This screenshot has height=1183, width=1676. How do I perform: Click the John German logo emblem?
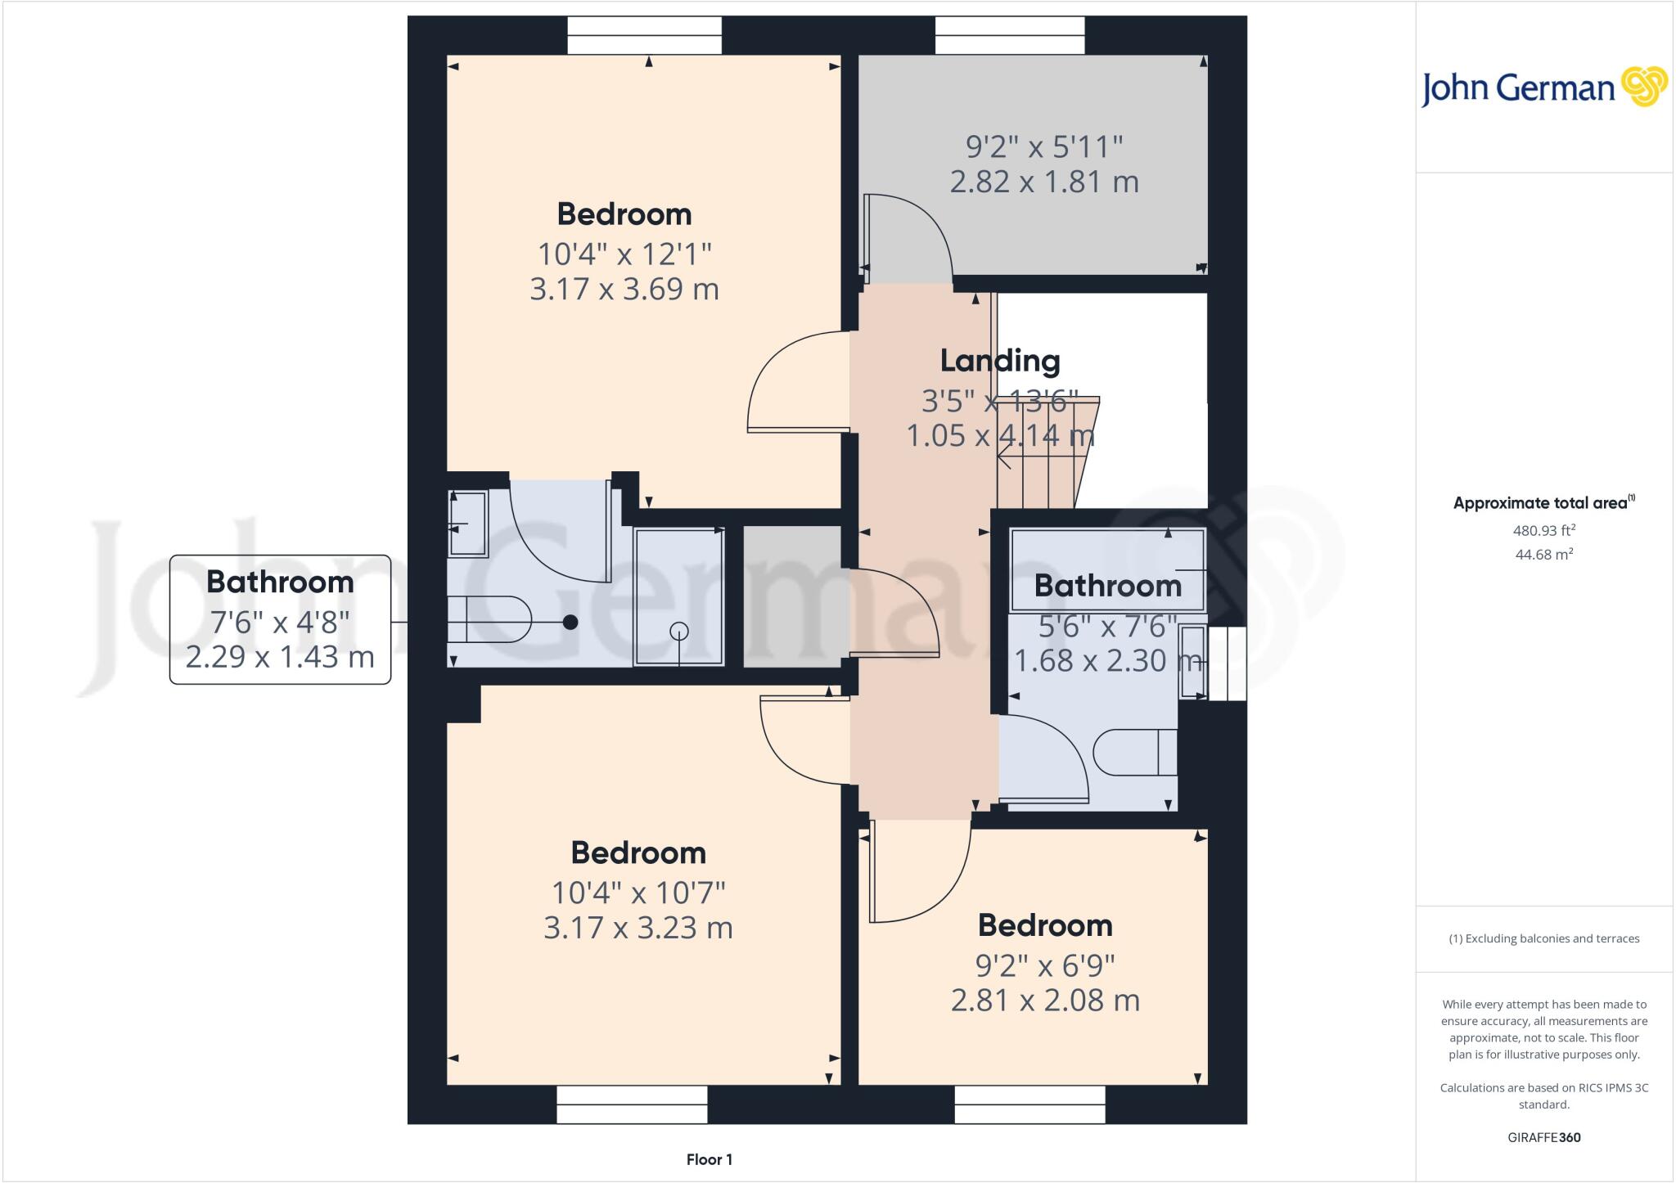(x=1643, y=87)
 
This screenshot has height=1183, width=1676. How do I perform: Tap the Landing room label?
(x=999, y=360)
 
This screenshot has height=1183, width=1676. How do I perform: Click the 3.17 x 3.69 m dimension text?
(x=624, y=289)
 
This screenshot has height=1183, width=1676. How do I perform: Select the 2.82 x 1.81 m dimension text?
(x=1044, y=181)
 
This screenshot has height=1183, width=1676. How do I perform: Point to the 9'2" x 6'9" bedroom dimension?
(x=1045, y=965)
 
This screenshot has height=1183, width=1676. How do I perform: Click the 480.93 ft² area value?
(x=1543, y=530)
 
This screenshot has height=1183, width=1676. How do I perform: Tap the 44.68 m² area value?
(x=1543, y=554)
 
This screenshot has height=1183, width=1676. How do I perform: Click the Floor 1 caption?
(x=709, y=1159)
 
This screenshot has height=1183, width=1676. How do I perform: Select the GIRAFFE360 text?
(x=1543, y=1137)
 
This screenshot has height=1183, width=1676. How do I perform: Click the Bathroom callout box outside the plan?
(x=280, y=618)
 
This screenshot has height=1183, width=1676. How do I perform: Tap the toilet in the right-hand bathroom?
(x=1134, y=752)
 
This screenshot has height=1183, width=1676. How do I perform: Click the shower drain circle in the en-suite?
(x=678, y=631)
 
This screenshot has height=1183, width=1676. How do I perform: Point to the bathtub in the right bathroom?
(x=1107, y=569)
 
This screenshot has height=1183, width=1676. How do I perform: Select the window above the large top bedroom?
(x=644, y=36)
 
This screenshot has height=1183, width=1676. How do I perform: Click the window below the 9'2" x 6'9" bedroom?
(x=1029, y=1104)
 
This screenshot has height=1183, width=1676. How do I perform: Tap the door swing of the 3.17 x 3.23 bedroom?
(x=798, y=740)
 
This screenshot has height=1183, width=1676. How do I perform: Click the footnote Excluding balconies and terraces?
(x=1543, y=938)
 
